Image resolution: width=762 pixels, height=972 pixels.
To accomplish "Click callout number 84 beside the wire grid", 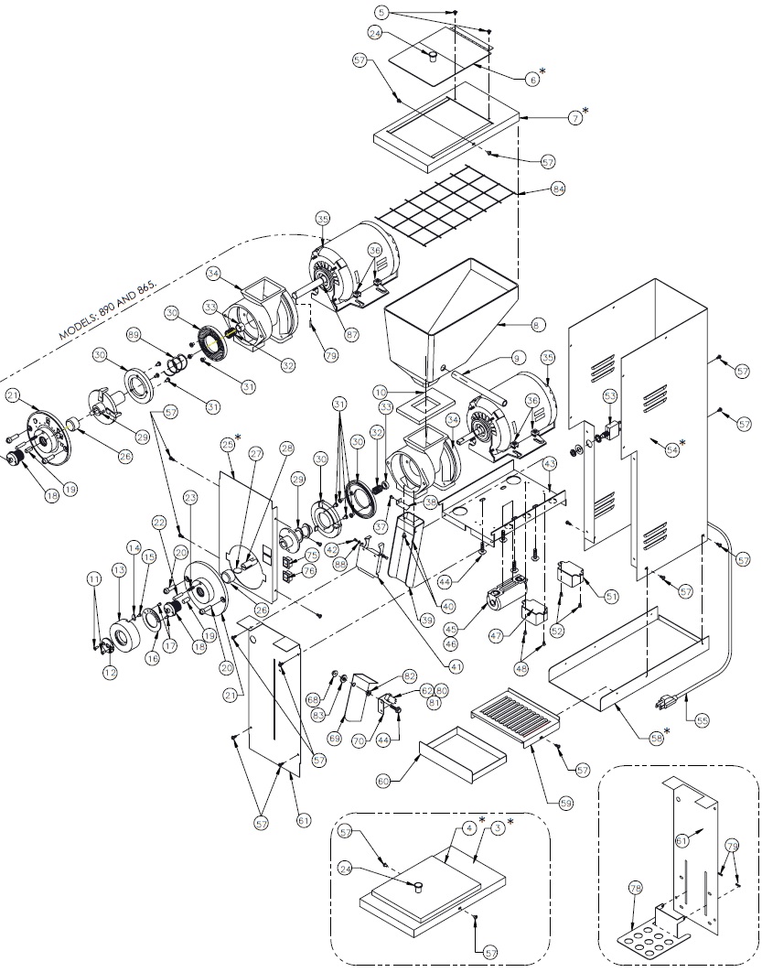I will click(x=559, y=189).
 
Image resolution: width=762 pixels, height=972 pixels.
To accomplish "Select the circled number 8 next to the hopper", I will click(x=538, y=324).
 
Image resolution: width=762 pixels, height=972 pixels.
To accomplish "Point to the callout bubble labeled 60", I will click(x=384, y=780).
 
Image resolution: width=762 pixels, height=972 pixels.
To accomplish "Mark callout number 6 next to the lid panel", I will click(x=533, y=79).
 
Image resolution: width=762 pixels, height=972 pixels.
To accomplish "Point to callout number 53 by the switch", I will click(x=610, y=394).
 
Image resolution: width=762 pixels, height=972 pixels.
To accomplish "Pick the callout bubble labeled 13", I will click(x=118, y=570).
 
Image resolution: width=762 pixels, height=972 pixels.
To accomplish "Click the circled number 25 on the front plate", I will click(x=227, y=445).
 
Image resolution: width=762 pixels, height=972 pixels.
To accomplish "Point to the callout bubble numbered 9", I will click(x=517, y=358).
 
